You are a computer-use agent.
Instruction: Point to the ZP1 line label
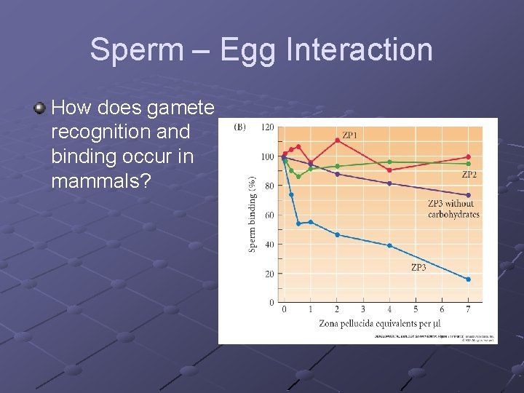click(350, 135)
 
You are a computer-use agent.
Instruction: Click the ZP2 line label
click(469, 175)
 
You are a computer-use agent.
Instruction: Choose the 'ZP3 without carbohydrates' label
click(453, 209)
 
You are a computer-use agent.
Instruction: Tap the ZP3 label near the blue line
click(418, 268)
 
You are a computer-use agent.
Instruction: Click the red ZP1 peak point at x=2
click(337, 140)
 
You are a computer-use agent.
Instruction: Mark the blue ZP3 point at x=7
click(468, 279)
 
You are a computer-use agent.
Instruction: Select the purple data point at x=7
click(468, 195)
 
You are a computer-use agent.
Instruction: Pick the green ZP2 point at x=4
click(389, 162)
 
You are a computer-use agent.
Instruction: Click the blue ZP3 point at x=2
click(337, 234)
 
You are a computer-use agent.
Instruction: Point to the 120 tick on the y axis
click(267, 127)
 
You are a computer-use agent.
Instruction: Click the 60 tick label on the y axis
click(269, 215)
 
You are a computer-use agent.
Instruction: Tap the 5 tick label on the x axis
click(416, 309)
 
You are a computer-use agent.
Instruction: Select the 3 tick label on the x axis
click(363, 309)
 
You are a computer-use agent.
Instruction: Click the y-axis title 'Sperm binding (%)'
click(253, 214)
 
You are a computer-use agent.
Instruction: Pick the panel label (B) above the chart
click(239, 127)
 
